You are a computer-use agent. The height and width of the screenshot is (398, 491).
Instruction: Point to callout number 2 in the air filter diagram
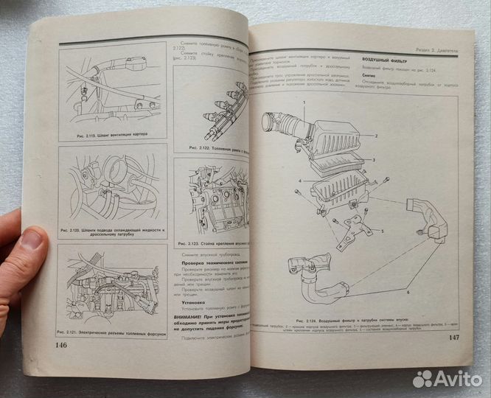tap(375, 137)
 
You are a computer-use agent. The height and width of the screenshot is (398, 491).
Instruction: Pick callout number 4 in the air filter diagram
tap(299, 181)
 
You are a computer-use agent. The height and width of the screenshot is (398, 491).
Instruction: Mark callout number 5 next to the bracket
tap(382, 231)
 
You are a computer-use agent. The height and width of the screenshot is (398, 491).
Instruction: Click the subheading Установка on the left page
tap(193, 302)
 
